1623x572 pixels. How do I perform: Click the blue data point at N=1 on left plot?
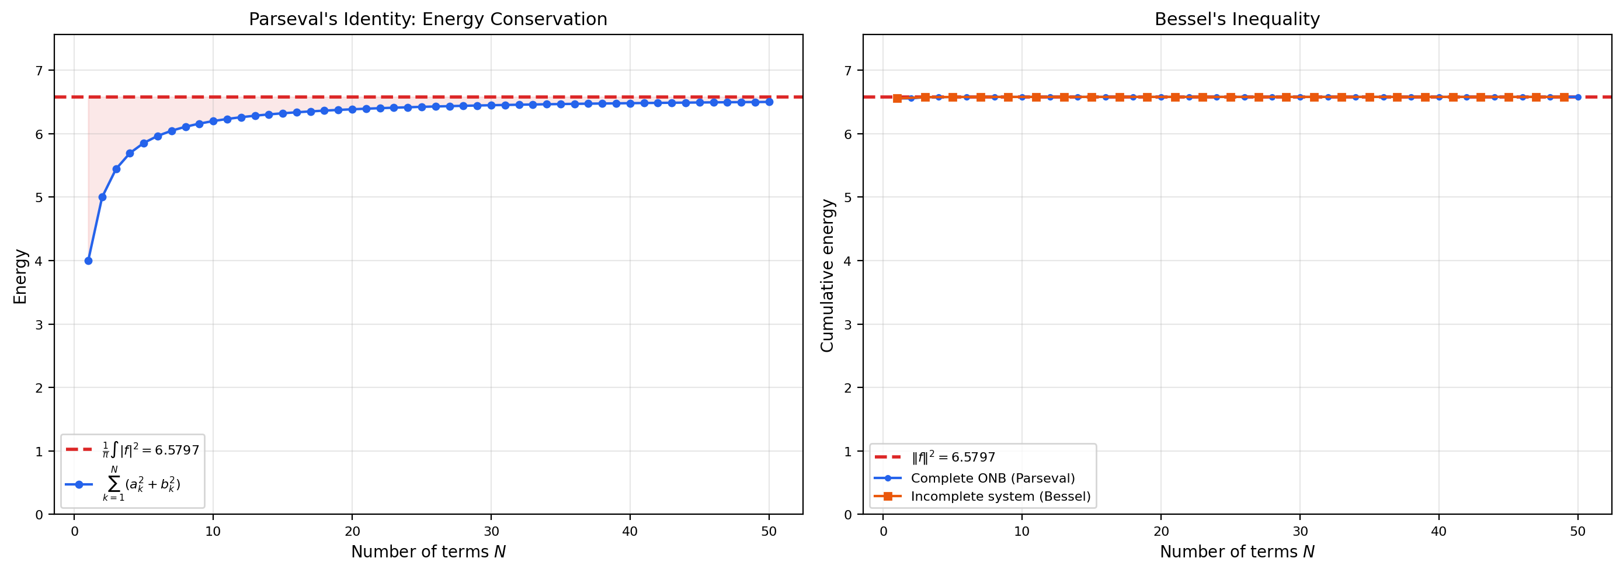pos(88,261)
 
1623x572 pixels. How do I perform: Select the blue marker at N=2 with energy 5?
pos(102,197)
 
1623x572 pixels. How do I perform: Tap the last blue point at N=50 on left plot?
pos(769,102)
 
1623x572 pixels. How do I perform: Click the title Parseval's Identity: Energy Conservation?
pos(428,19)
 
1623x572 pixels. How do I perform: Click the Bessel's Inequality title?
pos(1236,19)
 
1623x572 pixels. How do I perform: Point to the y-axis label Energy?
pos(20,276)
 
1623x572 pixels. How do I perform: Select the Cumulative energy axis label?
pos(827,276)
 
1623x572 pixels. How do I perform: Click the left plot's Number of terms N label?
pos(428,552)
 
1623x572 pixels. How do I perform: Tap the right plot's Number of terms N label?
pos(1236,552)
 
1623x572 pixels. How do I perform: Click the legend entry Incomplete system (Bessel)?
pos(1000,496)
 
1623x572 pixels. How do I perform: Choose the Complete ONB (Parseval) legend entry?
pos(992,478)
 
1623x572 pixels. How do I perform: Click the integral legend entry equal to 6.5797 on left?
pos(150,450)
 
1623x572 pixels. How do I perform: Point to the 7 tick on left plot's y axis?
pos(39,71)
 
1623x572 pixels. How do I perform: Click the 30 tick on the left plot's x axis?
pos(491,532)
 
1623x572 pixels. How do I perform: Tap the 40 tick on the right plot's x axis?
pos(1438,532)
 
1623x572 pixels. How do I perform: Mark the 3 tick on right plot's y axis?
pos(848,325)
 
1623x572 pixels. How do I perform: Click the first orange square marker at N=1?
pos(897,98)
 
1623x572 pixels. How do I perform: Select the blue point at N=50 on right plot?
pos(1577,97)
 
